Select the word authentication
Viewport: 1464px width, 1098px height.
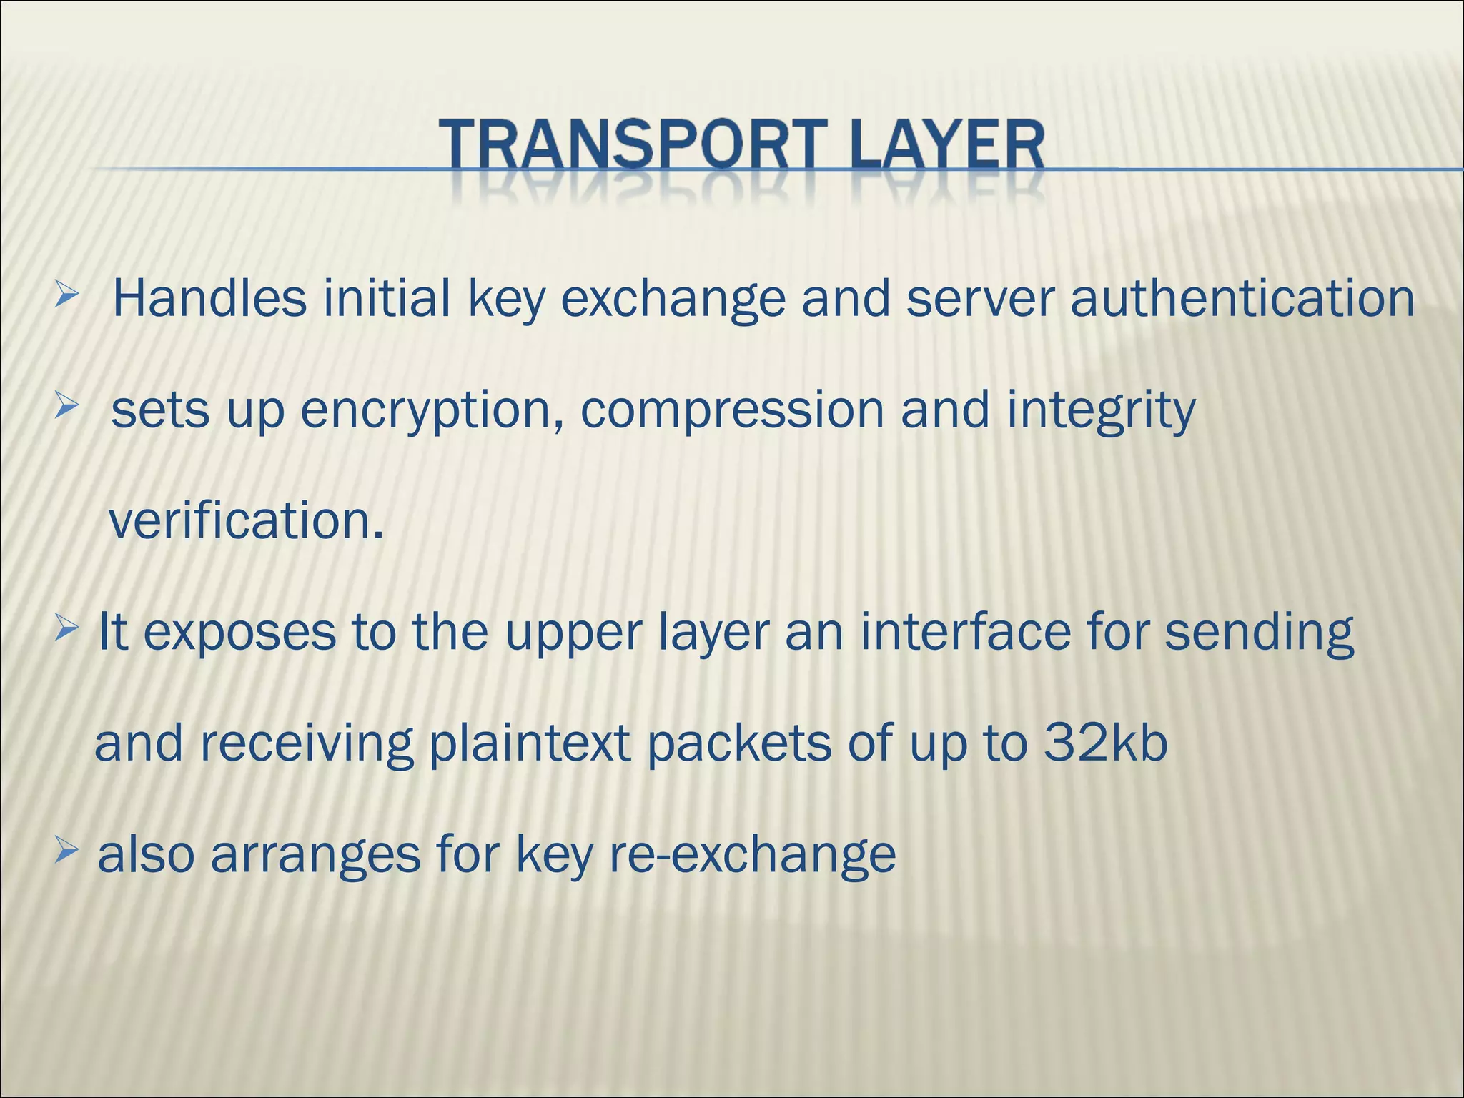pos(1242,298)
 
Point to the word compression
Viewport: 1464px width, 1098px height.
pos(731,411)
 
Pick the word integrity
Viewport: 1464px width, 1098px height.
pos(1101,411)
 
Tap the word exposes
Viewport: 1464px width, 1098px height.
pos(239,633)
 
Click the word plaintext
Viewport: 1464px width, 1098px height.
pos(529,743)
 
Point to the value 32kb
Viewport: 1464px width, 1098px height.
pos(1105,743)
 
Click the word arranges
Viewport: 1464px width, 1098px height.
pos(315,856)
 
